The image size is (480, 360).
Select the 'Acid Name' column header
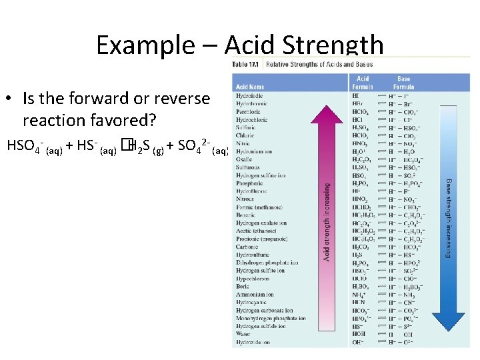[x=250, y=87]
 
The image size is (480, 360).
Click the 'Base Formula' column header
[x=403, y=83]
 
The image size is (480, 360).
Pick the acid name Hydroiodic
[x=249, y=96]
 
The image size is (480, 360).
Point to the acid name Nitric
[x=243, y=143]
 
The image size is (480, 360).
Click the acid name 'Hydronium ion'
[x=253, y=151]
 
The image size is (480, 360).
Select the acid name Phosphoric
[x=249, y=183]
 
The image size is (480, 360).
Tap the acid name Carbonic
[x=247, y=247]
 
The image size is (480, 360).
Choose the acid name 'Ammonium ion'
[x=255, y=295]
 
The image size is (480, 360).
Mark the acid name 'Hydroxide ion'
[x=253, y=342]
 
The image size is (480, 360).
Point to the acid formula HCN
[x=359, y=303]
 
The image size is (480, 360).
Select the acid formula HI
[x=355, y=96]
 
